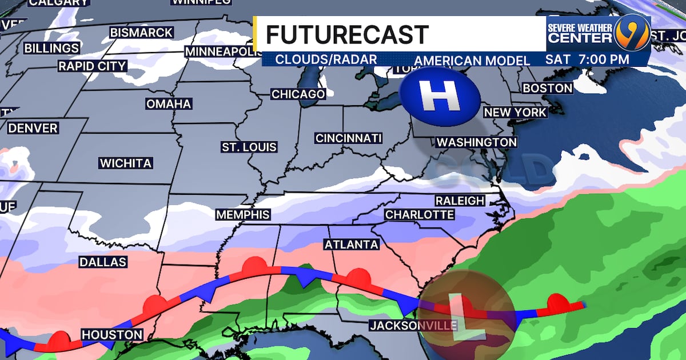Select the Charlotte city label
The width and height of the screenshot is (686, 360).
click(420, 215)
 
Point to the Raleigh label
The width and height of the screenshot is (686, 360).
click(460, 201)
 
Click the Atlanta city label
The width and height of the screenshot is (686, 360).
click(352, 245)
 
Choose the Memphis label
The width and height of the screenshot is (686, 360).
click(243, 215)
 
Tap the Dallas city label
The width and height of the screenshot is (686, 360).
click(102, 262)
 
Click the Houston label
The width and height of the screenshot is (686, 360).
click(111, 334)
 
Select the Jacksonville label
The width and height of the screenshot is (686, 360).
click(413, 326)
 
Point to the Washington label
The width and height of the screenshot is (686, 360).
click(477, 142)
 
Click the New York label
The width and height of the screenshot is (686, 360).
click(516, 113)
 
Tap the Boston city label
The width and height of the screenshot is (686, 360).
click(547, 88)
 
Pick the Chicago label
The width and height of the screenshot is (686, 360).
click(298, 94)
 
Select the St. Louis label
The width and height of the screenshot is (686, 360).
click(249, 147)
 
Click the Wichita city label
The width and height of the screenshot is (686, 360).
click(126, 163)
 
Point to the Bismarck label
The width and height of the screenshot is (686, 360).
click(141, 33)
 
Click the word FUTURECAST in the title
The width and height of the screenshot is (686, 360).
click(347, 35)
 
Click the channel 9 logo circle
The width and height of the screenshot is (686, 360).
click(631, 33)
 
